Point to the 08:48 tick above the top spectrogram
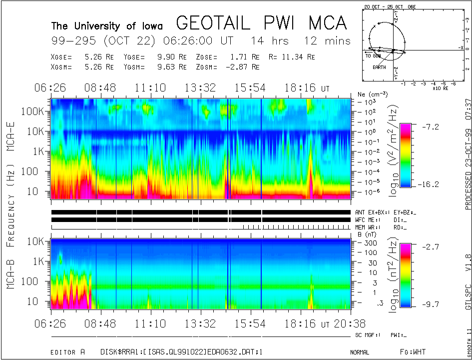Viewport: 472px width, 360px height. [x=100, y=88]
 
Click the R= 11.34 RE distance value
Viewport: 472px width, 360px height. [x=297, y=57]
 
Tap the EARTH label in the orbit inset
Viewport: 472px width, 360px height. [x=379, y=67]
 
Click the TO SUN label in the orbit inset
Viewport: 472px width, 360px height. [x=373, y=56]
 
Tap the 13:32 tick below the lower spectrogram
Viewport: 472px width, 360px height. [x=200, y=323]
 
